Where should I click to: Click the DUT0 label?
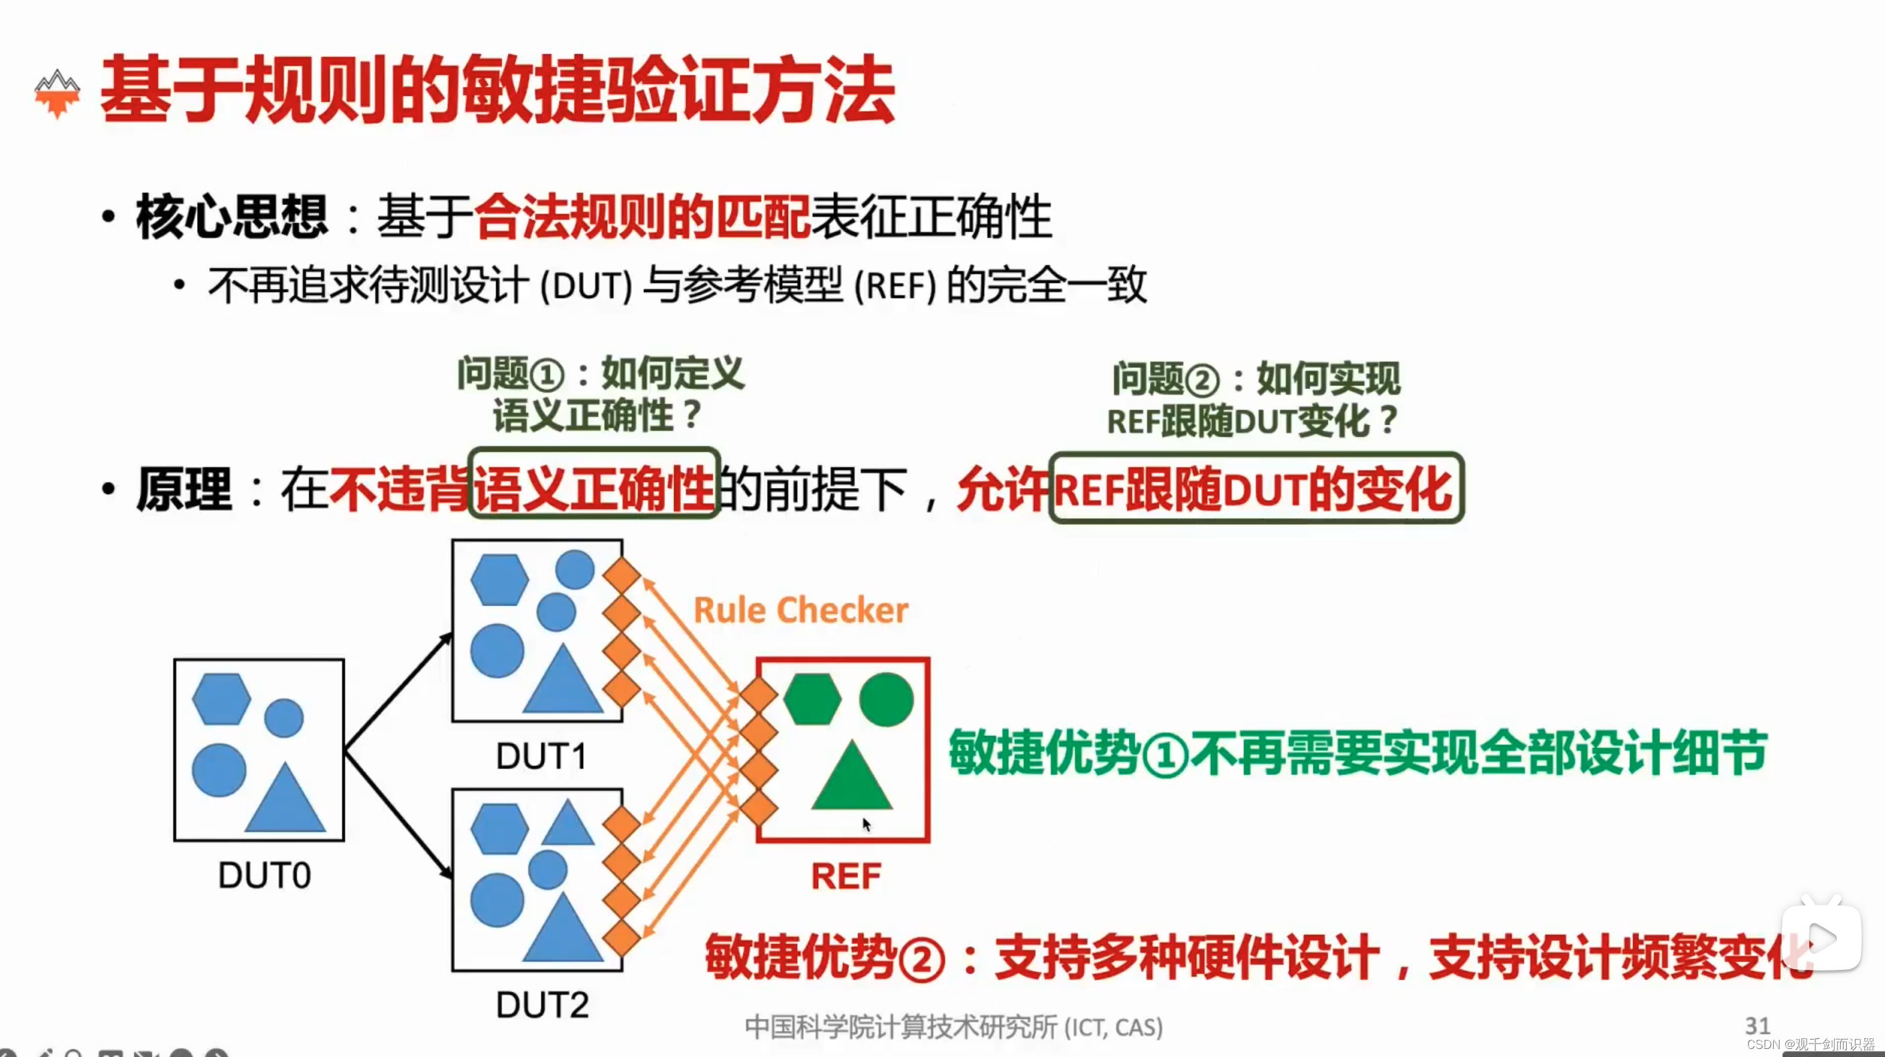pos(264,875)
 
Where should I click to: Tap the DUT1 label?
pos(541,755)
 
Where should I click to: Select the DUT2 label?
pos(542,1004)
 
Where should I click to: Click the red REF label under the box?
pos(846,876)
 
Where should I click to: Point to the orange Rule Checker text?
pos(801,610)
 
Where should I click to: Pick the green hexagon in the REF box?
pos(811,699)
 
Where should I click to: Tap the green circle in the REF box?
pos(886,699)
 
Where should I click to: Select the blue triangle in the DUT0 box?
pos(285,802)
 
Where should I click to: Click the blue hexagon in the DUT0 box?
pos(221,699)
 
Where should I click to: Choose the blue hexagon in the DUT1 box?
pos(499,580)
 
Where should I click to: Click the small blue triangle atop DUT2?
pos(567,825)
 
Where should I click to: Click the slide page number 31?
pos(1757,1025)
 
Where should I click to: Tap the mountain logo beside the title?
pos(57,93)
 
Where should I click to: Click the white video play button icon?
pos(1821,938)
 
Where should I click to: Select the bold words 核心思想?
pos(232,216)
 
